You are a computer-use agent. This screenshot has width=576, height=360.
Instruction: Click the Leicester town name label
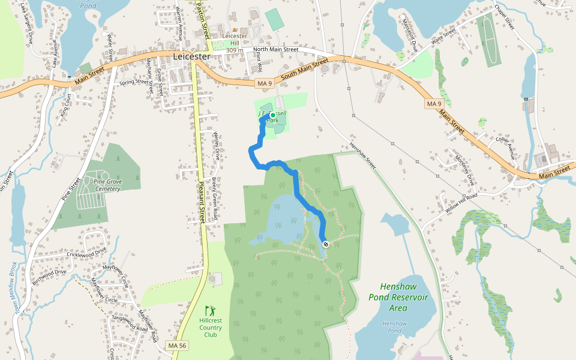click(191, 56)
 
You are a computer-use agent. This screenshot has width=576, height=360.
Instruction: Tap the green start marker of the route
click(272, 115)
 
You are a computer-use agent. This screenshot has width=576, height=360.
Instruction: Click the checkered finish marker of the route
click(325, 244)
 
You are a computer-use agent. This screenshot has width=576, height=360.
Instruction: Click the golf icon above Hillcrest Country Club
click(210, 311)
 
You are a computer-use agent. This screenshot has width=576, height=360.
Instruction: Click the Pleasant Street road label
click(203, 204)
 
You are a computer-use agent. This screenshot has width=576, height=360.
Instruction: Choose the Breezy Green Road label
click(214, 192)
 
